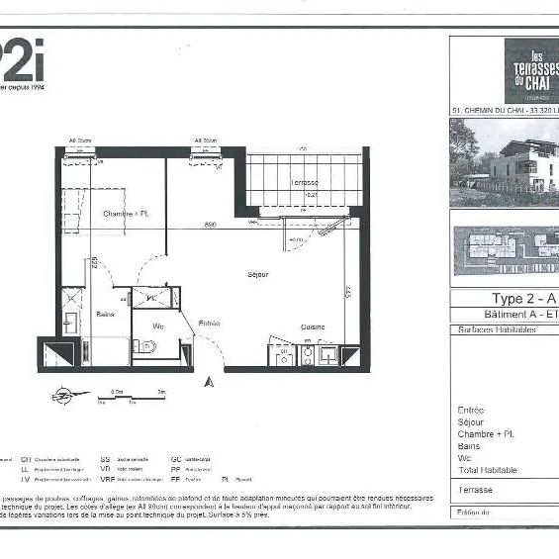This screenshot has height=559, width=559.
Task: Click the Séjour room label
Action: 259,273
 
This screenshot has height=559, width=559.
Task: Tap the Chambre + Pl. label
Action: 126,214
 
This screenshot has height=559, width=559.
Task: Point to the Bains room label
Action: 106,314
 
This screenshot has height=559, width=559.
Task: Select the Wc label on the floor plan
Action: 157,326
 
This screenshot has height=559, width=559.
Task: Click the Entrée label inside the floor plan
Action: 209,323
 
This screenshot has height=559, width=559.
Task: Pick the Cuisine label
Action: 314,326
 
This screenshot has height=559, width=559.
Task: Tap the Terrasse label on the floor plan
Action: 304,184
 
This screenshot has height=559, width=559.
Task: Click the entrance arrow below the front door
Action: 208,380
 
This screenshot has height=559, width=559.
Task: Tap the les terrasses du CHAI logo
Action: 531,70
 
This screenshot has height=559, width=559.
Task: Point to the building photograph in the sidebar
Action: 504,163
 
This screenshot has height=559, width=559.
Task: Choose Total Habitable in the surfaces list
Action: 487,470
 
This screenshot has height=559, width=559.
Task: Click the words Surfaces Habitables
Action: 496,330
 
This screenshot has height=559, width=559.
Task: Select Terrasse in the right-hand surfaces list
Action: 475,490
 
